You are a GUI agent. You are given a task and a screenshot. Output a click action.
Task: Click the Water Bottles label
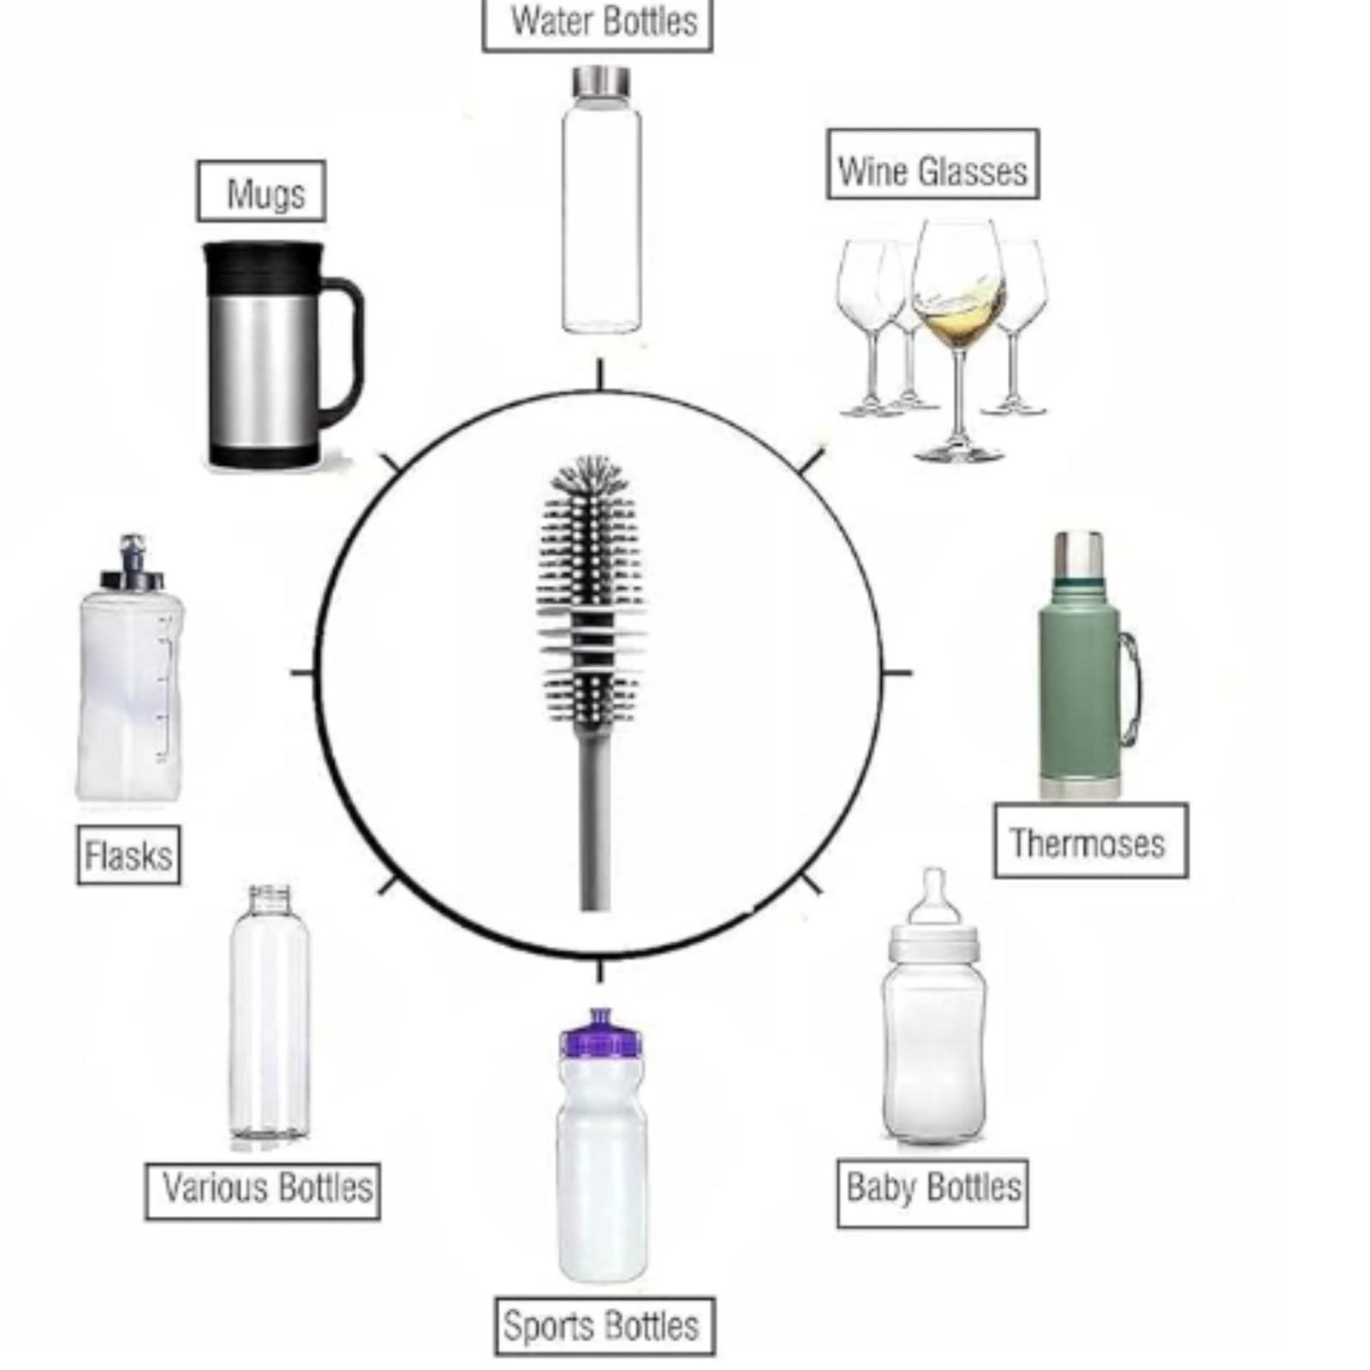click(x=598, y=22)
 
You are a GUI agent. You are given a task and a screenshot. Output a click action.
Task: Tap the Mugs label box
click(x=261, y=192)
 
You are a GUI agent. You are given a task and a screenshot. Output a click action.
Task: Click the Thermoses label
click(x=1090, y=841)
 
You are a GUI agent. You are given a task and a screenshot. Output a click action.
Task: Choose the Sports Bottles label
click(x=604, y=1325)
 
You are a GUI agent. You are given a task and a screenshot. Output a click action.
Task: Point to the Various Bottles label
click(x=262, y=1190)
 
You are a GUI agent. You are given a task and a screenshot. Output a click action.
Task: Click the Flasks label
click(x=128, y=855)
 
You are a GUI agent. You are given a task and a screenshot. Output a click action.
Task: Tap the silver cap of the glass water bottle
click(x=601, y=81)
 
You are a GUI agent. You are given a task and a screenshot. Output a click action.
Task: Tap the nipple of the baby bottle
click(x=933, y=895)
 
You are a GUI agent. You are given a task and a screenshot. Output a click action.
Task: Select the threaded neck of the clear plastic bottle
click(x=269, y=899)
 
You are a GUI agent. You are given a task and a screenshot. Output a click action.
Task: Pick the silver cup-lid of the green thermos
click(x=1078, y=554)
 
